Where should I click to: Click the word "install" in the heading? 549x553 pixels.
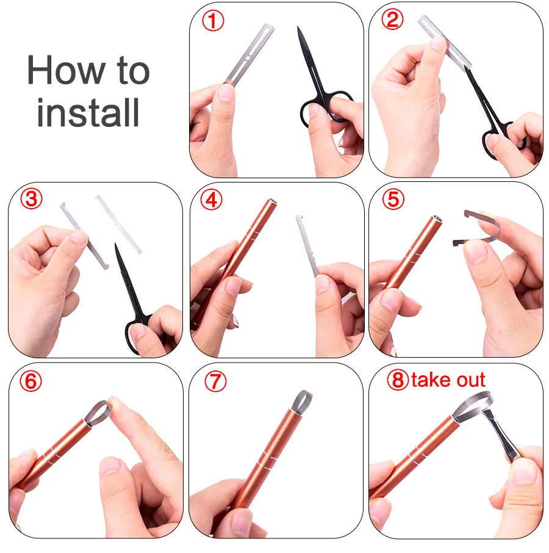coord(88,112)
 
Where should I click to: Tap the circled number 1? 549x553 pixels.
coord(213,21)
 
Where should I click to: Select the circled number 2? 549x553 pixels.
coord(392,20)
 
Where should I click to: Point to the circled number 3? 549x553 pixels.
coord(31,200)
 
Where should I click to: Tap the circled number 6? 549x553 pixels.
coord(31,381)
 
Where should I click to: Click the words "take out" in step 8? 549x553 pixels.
coord(448,380)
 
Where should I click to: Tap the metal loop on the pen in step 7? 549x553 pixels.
coord(303,401)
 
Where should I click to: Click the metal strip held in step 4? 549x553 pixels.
coord(307,244)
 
